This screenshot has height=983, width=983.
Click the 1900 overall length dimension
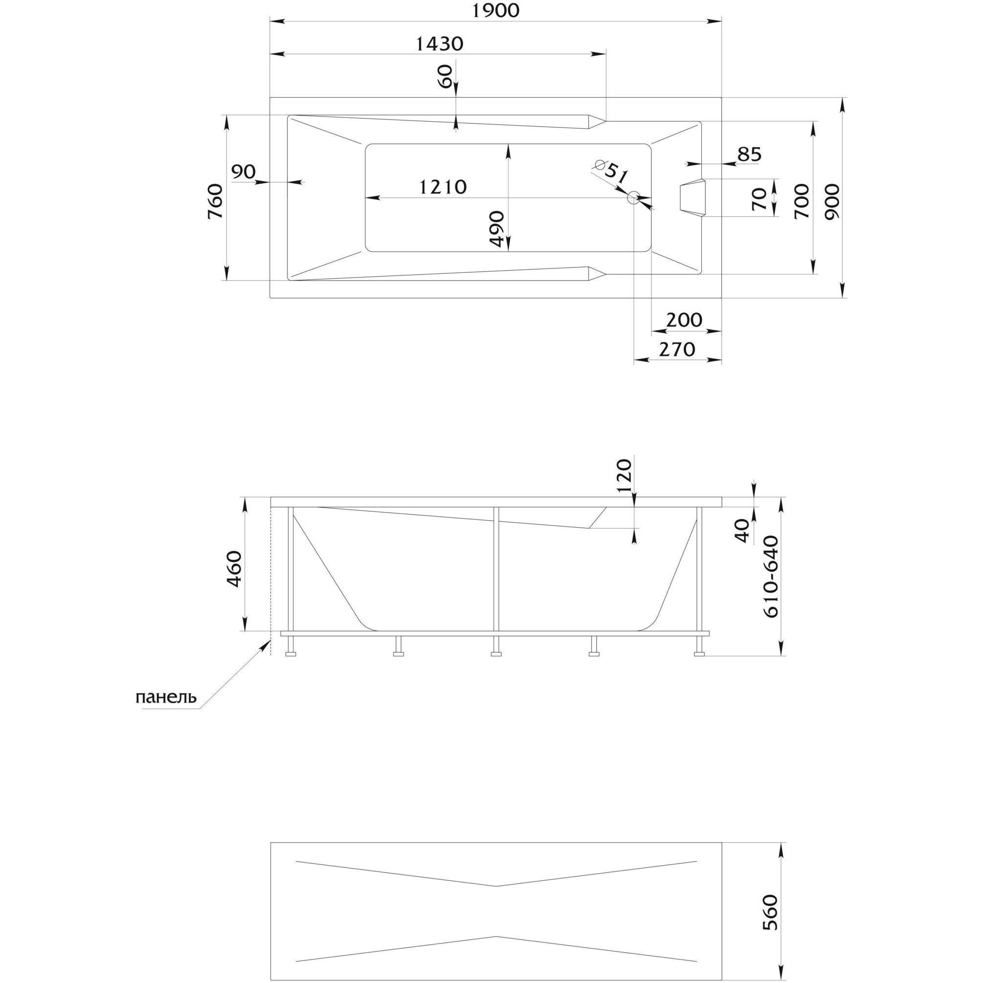click(x=495, y=11)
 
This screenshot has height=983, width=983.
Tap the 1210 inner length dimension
click(x=443, y=187)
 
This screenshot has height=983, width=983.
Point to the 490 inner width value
click(x=496, y=229)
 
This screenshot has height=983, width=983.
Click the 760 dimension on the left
click(x=215, y=201)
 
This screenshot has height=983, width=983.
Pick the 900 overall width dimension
click(x=832, y=202)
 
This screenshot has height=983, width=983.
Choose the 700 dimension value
click(x=802, y=202)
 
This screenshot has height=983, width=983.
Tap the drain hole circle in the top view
click(x=634, y=198)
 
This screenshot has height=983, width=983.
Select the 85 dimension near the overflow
click(x=749, y=154)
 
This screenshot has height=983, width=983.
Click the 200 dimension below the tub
click(x=684, y=320)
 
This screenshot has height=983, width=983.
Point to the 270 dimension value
click(x=677, y=350)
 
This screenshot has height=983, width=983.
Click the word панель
click(x=166, y=697)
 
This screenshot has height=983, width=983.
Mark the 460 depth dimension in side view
click(x=235, y=569)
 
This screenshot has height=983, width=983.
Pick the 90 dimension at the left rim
click(x=244, y=172)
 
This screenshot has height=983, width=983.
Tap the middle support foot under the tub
click(x=496, y=646)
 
